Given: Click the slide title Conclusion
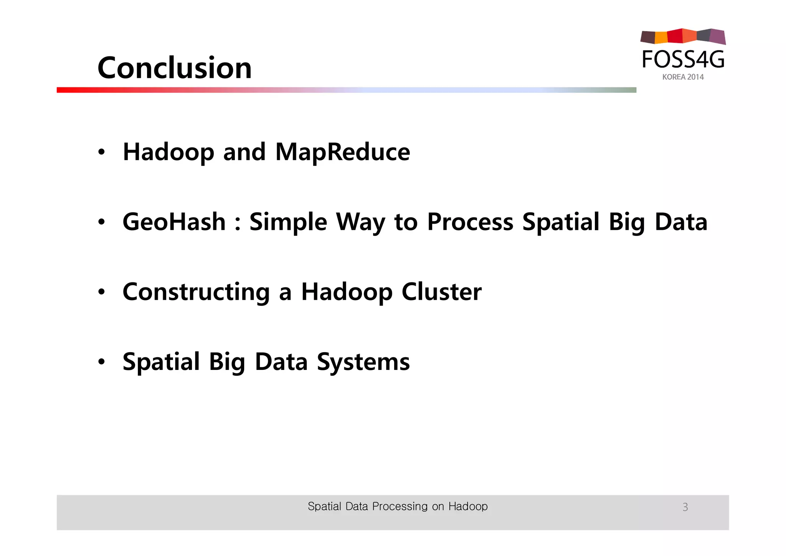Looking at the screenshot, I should (x=175, y=68).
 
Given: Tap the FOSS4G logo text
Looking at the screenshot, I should (x=683, y=60).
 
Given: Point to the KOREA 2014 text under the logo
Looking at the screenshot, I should (x=683, y=77).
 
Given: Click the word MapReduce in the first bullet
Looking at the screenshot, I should (x=343, y=152).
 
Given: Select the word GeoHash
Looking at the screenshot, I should (x=174, y=222).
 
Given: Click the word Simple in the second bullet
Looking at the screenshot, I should (x=288, y=223).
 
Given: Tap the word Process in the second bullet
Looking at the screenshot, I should (x=470, y=223).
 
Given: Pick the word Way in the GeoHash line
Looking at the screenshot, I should (x=360, y=223).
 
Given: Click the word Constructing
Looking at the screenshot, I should (x=196, y=292).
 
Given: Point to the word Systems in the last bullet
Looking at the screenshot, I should (x=363, y=362).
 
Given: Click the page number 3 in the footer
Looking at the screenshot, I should (x=685, y=507).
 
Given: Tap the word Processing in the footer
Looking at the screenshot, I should (x=400, y=507).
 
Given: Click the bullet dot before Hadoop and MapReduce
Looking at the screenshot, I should (x=101, y=152).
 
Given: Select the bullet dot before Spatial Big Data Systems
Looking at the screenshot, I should (x=101, y=362).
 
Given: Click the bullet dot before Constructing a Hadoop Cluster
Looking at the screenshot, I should (x=101, y=292).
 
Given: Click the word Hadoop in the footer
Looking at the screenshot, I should (x=468, y=507).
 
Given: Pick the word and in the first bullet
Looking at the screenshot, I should (x=244, y=152).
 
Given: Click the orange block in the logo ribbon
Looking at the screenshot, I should (x=661, y=37).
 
